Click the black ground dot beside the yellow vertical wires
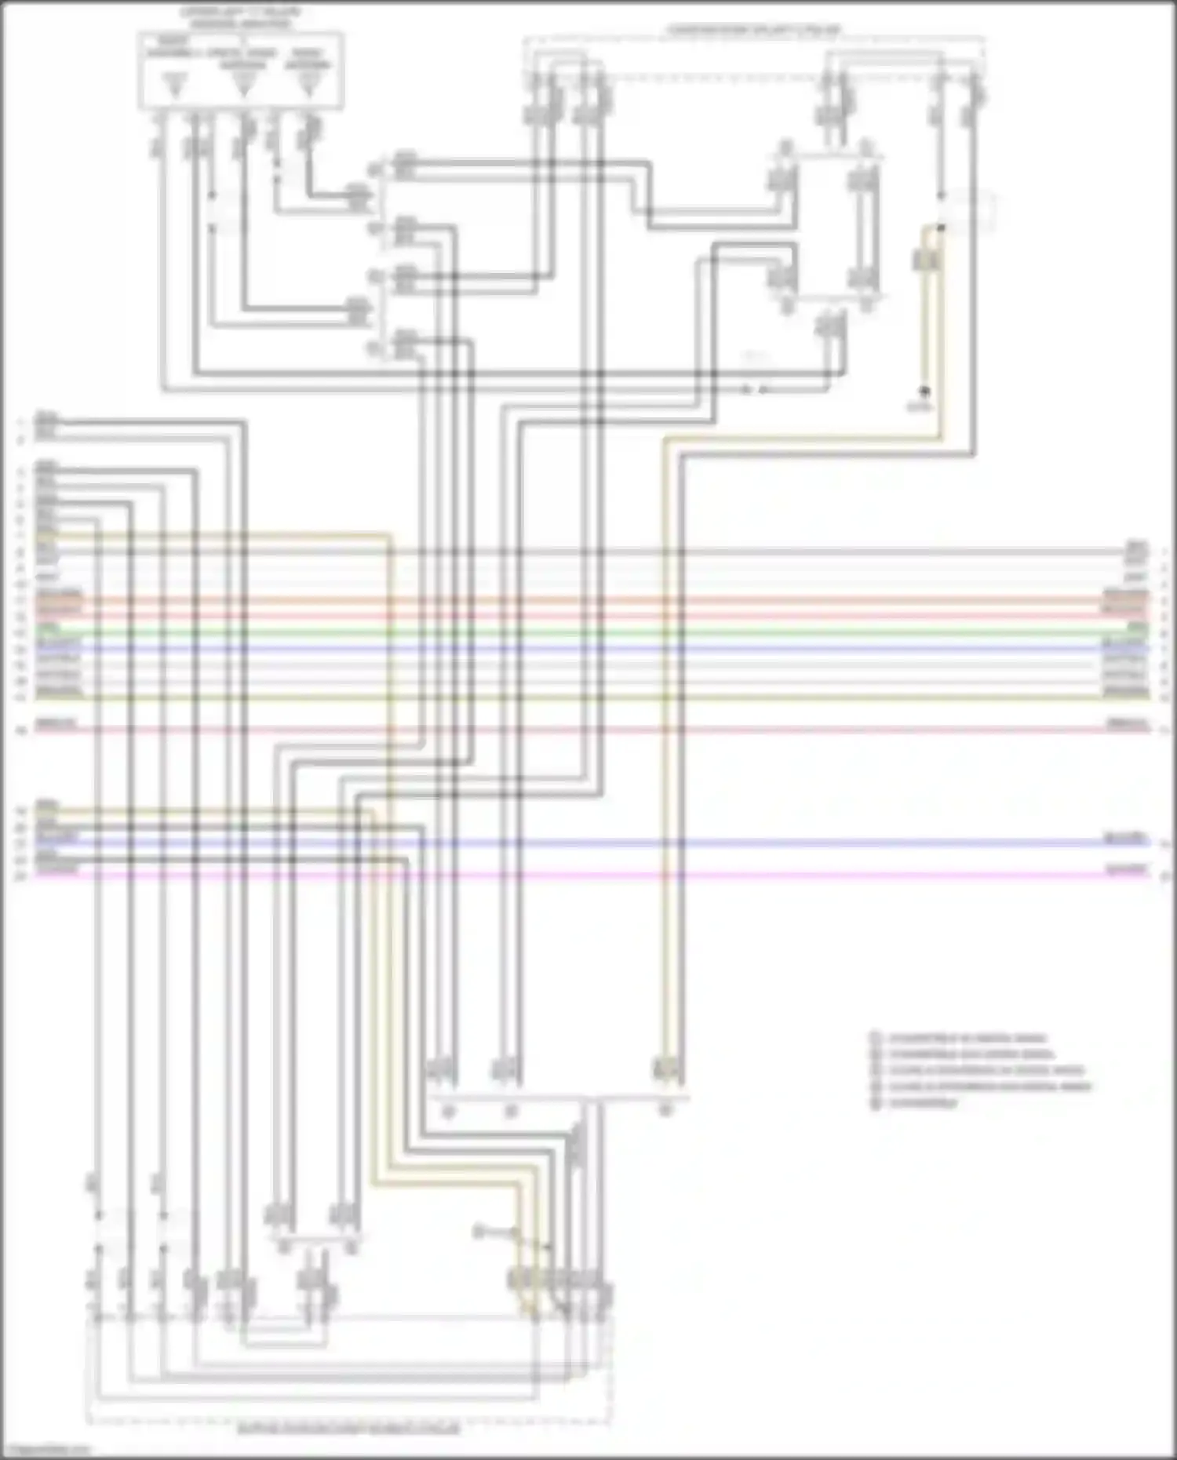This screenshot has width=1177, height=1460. (924, 391)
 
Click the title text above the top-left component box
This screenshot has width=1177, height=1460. (240, 18)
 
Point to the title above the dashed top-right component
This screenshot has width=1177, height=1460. (754, 31)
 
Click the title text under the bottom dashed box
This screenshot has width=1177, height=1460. (348, 1429)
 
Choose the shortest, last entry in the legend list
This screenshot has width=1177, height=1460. (923, 1103)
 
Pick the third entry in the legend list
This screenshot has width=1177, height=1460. (986, 1070)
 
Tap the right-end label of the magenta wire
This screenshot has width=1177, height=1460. (1127, 869)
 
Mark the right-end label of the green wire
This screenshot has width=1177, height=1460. (1136, 628)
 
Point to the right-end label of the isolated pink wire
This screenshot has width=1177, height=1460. (1127, 723)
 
